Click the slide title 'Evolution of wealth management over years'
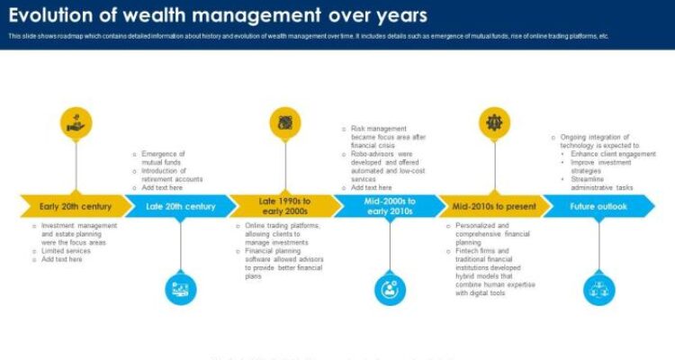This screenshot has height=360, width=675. [218, 15]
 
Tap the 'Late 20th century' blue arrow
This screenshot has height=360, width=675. [181, 206]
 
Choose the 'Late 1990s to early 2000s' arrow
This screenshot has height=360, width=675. [285, 206]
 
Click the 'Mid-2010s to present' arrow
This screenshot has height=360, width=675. [493, 206]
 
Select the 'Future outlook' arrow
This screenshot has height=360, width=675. [598, 206]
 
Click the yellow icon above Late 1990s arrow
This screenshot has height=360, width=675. [285, 122]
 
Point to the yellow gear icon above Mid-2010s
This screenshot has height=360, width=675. [493, 122]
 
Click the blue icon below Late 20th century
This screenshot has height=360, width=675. [181, 288]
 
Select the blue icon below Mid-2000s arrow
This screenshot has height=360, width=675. [390, 288]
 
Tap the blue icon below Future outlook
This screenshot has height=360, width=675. [598, 288]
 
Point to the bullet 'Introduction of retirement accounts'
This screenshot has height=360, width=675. [171, 175]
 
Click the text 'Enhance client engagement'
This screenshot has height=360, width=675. [612, 154]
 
